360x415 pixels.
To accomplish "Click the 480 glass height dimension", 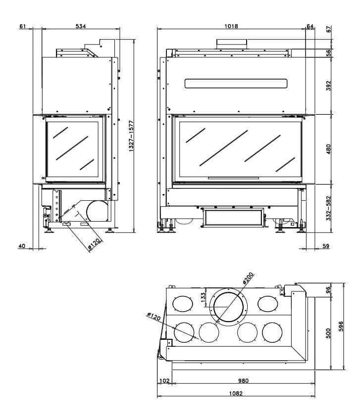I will pyautogui.click(x=328, y=149).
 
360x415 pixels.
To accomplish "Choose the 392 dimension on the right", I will pyautogui.click(x=328, y=85).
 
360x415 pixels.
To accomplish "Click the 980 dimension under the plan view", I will pyautogui.click(x=242, y=380).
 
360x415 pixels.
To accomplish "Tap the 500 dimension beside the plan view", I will pyautogui.click(x=329, y=333).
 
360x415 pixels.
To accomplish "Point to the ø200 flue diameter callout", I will pyautogui.click(x=248, y=279).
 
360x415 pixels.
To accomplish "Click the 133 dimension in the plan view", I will pyautogui.click(x=203, y=297).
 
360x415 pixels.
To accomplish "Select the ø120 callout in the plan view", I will pyautogui.click(x=154, y=316).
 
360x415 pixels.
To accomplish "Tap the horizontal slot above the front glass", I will pyautogui.click(x=236, y=83).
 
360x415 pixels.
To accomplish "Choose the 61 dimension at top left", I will pyautogui.click(x=23, y=26).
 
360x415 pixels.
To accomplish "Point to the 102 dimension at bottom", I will pyautogui.click(x=165, y=380).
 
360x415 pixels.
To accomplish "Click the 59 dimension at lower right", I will pyautogui.click(x=326, y=245).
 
